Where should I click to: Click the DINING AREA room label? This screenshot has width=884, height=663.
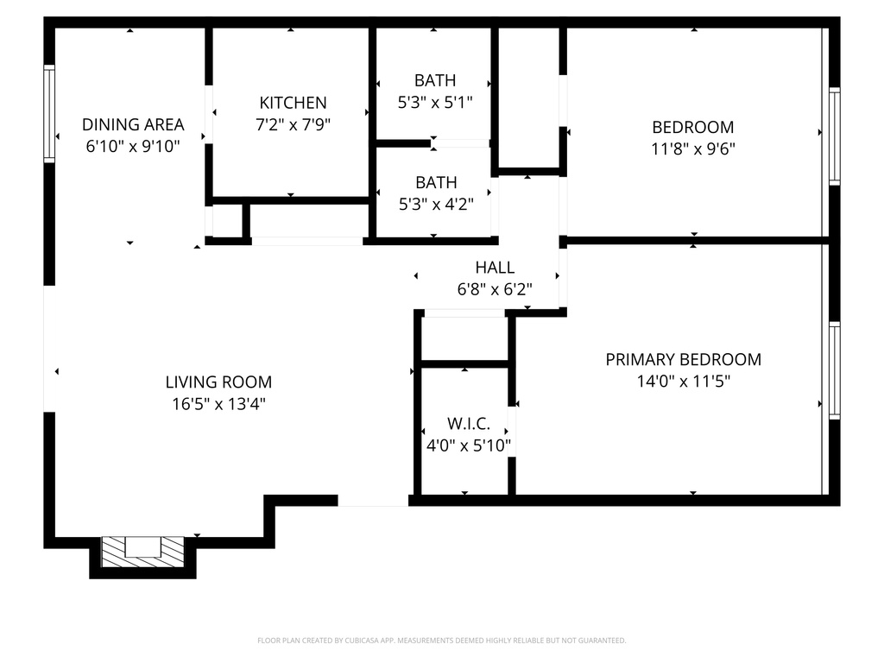pos(133,124)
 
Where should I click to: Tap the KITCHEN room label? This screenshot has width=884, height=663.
pos(293,103)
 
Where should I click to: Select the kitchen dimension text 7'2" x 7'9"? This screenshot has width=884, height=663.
pos(293,124)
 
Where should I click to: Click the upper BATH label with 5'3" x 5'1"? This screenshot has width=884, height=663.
pos(435,80)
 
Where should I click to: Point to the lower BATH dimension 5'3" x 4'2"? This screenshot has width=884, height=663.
pos(435,205)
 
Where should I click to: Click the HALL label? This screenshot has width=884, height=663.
pos(495,268)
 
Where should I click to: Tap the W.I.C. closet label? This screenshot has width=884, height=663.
pos(469,424)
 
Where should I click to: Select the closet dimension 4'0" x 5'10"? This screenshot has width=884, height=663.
pos(469,445)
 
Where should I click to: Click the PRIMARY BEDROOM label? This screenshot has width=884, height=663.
pos(683,359)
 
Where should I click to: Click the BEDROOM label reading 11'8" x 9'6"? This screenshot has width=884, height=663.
pos(692,127)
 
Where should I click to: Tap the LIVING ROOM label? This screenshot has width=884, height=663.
pos(218,382)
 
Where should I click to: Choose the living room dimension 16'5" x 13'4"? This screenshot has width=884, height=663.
pos(218,403)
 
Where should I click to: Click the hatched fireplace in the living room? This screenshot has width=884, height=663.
pos(143,551)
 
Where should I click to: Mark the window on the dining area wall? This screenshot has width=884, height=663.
pos(49,113)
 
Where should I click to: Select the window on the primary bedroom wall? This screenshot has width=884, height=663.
pos(834,370)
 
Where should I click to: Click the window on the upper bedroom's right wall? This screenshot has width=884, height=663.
pos(834,136)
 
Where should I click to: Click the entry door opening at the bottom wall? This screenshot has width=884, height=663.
pos(372,500)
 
